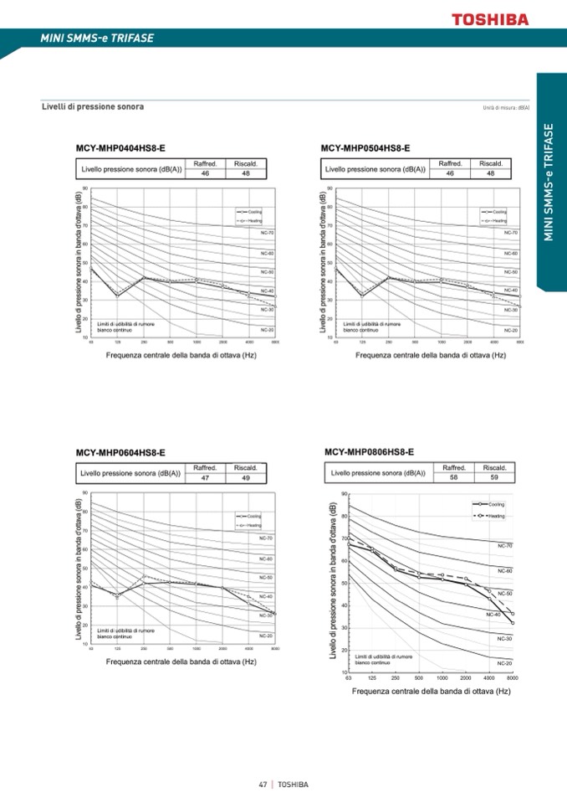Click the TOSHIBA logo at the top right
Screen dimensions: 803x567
(491, 18)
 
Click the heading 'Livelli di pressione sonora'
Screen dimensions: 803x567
(93, 107)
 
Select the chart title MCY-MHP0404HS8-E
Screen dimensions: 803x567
(120, 148)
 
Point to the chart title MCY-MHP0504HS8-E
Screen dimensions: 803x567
(365, 148)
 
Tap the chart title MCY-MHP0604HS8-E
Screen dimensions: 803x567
(120, 453)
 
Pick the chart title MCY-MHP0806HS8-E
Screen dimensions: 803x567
(369, 452)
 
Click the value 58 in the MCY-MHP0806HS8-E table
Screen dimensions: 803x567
(454, 477)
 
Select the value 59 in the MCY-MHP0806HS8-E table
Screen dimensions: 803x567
(494, 477)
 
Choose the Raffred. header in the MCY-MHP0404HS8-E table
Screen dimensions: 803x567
(206, 163)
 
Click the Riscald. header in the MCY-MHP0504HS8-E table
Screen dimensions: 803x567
(491, 163)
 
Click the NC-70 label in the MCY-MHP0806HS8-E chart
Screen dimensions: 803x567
(504, 546)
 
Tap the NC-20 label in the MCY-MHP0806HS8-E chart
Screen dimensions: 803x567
(504, 663)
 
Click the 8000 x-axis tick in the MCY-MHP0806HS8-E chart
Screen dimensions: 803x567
(512, 679)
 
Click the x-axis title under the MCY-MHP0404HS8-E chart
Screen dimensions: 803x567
(180, 356)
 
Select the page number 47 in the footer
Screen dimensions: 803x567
(263, 785)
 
